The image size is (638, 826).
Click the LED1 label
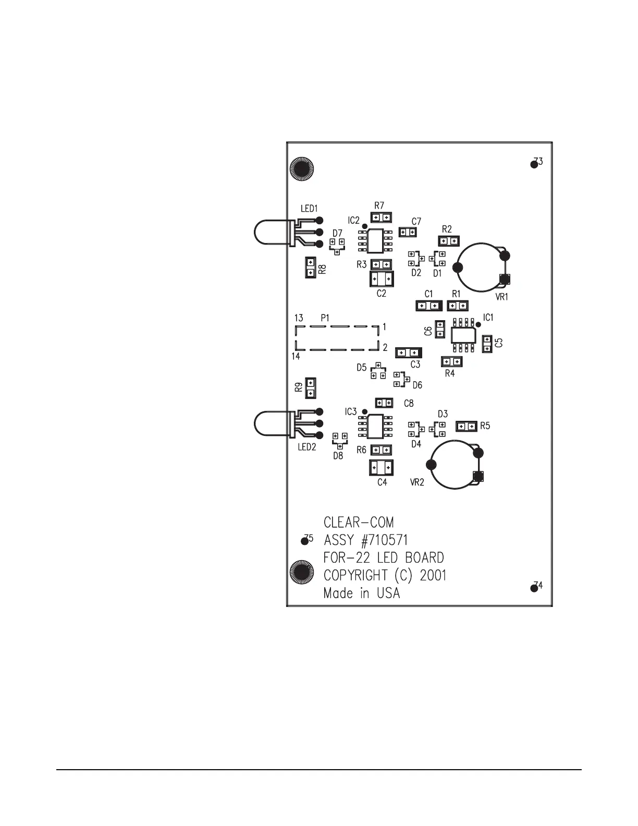309,209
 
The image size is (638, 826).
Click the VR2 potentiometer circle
453,465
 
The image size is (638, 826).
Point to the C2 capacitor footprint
382,279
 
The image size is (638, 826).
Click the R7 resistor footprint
382,217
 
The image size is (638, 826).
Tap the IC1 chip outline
463,334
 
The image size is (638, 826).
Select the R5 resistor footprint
467,426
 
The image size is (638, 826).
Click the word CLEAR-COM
359,523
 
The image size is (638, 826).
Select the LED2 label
306,447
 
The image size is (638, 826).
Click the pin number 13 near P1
299,318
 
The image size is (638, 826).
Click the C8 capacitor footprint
384,403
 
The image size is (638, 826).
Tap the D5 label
362,368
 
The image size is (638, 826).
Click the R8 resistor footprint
310,268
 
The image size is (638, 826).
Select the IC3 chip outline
375,427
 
